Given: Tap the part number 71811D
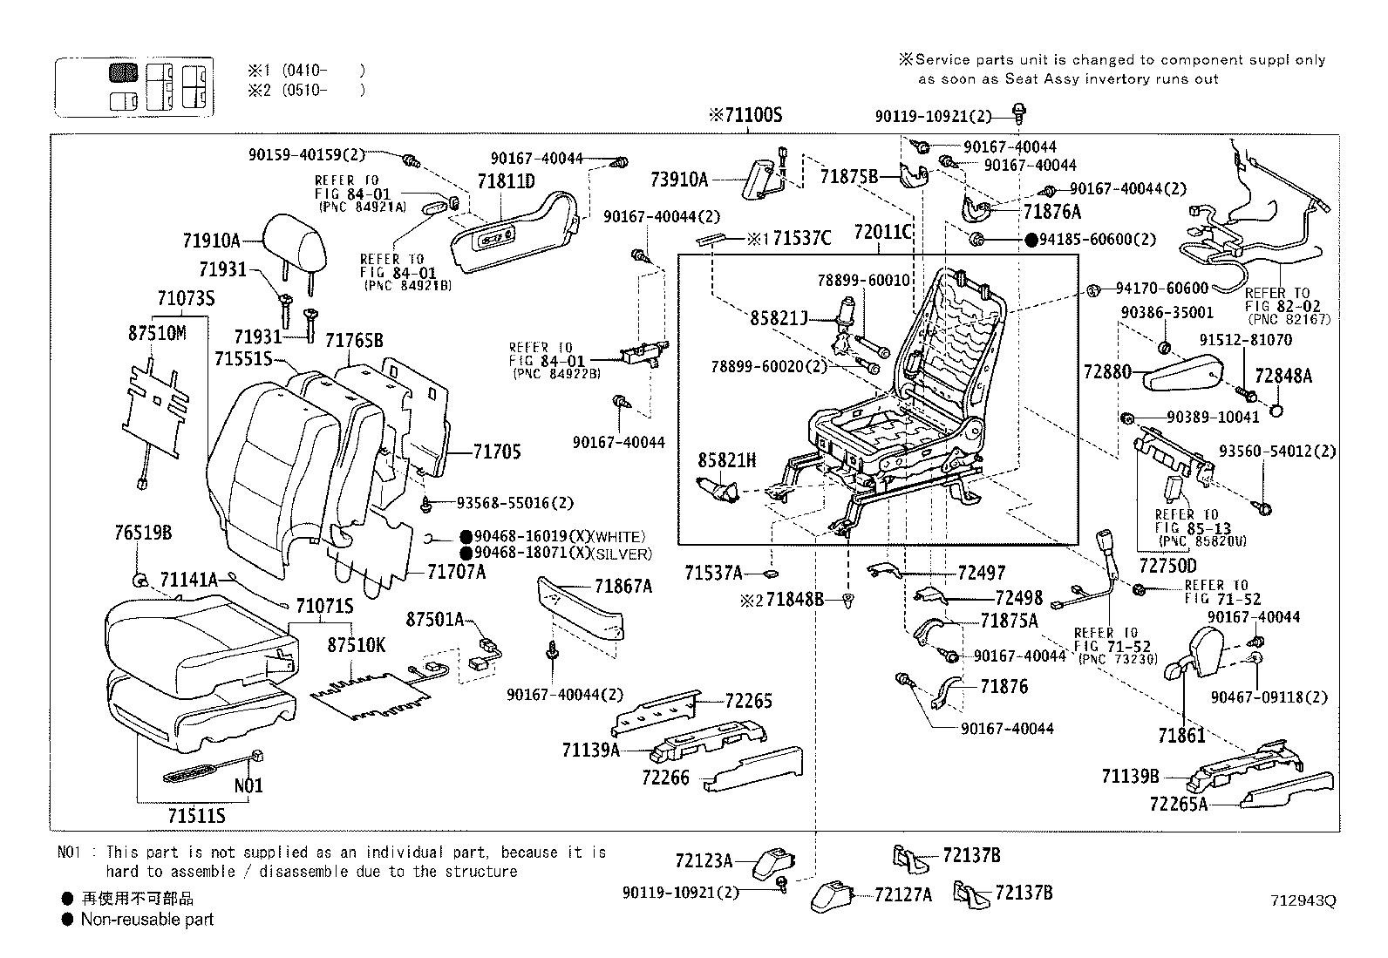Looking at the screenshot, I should (506, 181).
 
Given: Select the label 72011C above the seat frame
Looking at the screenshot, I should (883, 232).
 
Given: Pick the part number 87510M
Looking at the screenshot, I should (157, 333).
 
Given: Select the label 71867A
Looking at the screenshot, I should (623, 587).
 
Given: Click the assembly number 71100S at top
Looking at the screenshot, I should (745, 114).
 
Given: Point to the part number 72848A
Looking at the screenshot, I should (1283, 376).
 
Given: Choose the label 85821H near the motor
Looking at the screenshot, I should (726, 459).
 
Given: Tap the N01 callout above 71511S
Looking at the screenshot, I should (248, 785).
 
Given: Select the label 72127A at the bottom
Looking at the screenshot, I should (902, 894).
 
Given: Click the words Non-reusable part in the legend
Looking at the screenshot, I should (146, 919).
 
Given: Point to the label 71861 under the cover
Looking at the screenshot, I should (1181, 736).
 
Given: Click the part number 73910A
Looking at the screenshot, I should (678, 180).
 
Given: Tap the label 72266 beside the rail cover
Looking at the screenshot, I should (665, 777).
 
